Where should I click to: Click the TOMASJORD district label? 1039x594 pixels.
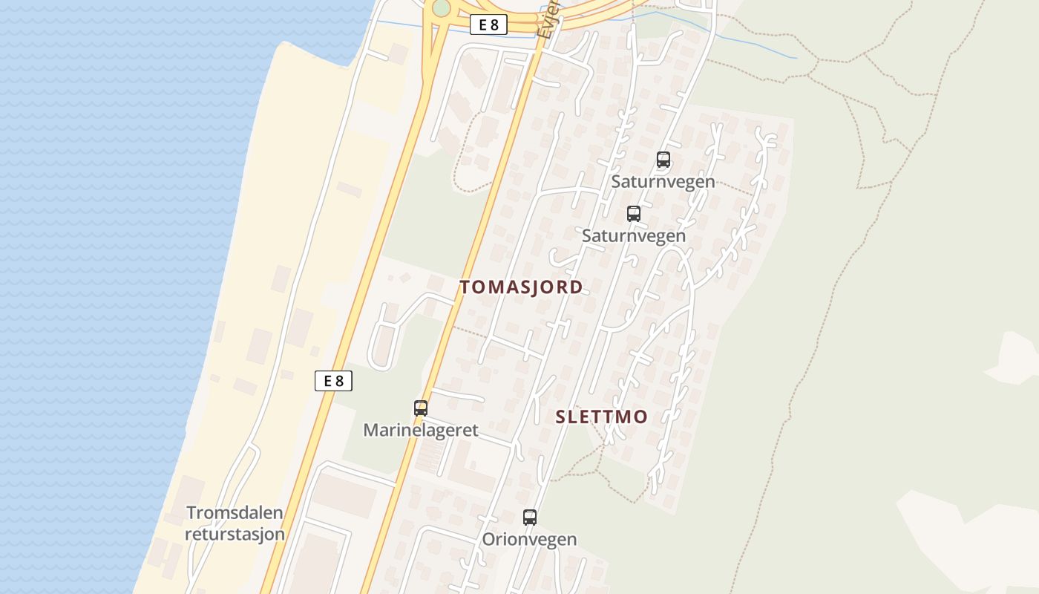[521, 287]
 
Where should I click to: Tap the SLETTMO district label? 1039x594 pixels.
[601, 417]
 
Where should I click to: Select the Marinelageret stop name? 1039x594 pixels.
[420, 430]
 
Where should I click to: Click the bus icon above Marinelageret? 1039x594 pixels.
[421, 408]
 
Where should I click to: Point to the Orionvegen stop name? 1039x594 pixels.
[529, 539]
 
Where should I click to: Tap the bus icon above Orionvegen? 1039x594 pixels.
[530, 518]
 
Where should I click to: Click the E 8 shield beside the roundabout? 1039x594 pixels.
[488, 25]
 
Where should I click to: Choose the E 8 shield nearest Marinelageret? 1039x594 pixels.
[333, 381]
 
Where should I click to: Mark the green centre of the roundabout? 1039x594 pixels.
[441, 7]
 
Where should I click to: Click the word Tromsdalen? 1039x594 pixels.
[235, 512]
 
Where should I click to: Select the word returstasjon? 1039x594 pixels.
[235, 534]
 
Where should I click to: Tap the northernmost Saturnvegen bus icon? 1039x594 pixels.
[663, 159]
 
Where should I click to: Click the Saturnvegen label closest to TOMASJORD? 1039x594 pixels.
[633, 235]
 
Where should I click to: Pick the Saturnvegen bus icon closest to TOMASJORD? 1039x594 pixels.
[634, 214]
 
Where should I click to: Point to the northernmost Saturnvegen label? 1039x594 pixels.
[663, 181]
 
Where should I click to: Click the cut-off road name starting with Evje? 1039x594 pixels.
[547, 22]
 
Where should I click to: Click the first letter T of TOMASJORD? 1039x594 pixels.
[465, 287]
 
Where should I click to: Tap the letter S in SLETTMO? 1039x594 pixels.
[562, 417]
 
